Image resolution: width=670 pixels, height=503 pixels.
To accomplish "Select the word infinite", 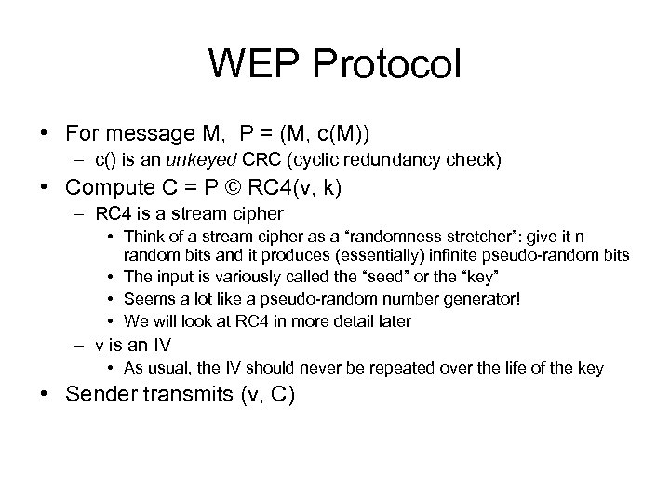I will click(x=420, y=253).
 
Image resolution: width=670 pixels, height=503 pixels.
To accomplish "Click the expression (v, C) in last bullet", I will click(x=269, y=395).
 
